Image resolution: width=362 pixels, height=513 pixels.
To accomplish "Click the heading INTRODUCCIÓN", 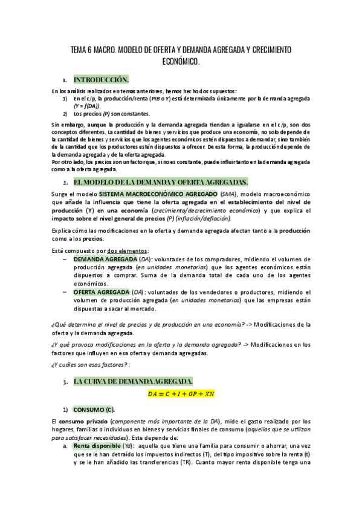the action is point(101,79).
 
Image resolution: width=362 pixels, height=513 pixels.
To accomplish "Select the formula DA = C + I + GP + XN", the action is point(181,394).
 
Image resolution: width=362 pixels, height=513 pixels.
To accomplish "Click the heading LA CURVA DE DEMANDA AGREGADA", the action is point(133,381).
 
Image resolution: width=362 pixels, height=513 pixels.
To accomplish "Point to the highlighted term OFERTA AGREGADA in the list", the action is point(97,292).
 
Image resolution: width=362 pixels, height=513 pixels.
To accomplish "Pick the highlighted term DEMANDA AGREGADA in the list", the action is point(101,258).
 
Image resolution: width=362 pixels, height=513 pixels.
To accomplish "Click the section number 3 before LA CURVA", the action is point(64,382).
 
